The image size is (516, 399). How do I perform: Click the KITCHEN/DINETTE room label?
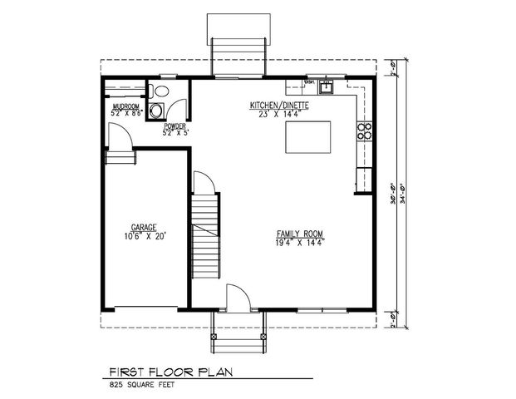click(x=280, y=106)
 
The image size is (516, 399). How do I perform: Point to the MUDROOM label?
click(x=125, y=106)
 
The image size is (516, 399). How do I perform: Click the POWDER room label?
click(x=174, y=126)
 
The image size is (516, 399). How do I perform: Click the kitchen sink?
click(x=328, y=85)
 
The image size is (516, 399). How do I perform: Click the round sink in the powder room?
click(x=174, y=107)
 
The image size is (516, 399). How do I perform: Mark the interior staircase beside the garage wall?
click(x=206, y=237)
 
